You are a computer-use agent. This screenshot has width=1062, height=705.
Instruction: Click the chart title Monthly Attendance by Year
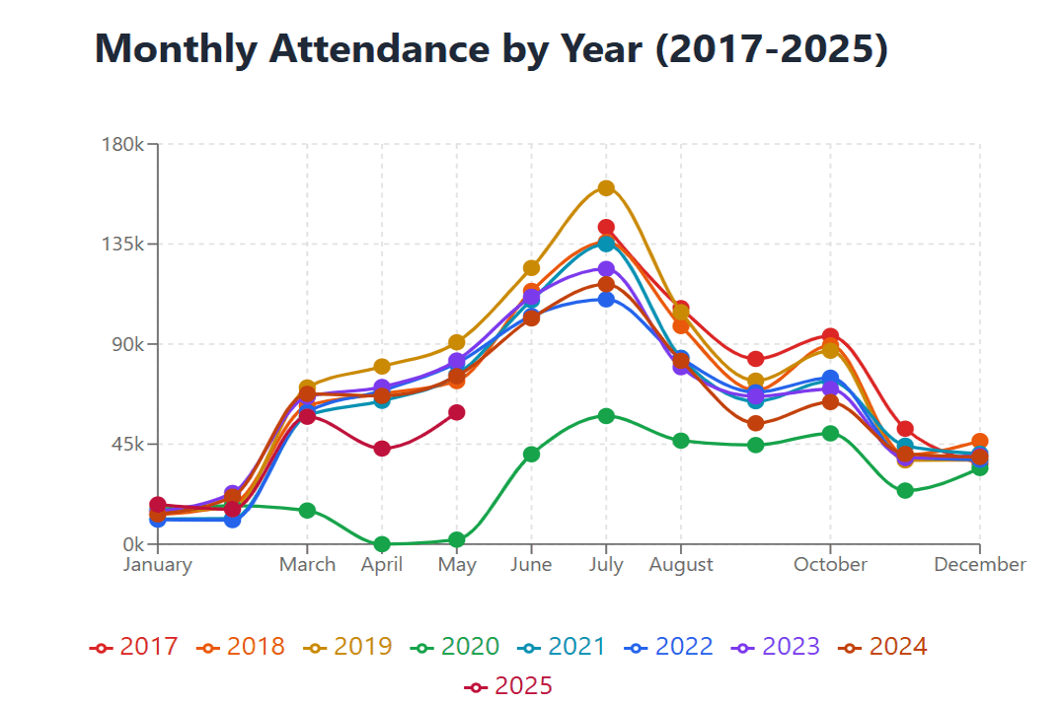pos(491,49)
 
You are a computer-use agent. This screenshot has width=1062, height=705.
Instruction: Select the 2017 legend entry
pos(134,647)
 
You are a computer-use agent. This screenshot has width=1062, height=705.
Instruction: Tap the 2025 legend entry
pos(508,685)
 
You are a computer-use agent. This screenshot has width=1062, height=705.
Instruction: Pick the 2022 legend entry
pos(669,647)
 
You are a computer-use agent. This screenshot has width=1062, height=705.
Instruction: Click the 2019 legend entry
pos(348,647)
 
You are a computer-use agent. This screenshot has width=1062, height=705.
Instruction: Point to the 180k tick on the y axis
pos(123,144)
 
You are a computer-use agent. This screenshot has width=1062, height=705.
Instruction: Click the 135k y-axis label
pos(123,245)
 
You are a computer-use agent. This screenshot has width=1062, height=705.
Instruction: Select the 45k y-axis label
pos(128,445)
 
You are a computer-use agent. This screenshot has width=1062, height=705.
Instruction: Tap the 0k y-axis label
pos(132,544)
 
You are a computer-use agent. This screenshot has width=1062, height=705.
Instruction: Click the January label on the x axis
pos(157,565)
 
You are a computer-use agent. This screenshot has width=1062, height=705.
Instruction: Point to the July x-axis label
pos(606,565)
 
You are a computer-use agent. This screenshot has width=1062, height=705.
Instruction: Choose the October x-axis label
pos(830,565)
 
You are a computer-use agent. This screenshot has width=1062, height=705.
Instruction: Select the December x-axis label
pos(979,565)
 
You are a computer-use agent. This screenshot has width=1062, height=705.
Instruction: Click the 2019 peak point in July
pos(606,188)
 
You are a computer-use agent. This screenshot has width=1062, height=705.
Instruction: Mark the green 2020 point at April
pos(382,544)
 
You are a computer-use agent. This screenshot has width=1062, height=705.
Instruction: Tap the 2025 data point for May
pos(456,412)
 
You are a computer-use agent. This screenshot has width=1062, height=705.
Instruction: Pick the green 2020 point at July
pos(606,416)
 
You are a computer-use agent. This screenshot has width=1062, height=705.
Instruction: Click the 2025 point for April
pos(382,449)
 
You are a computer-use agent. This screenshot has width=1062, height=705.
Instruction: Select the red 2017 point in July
pos(606,228)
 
